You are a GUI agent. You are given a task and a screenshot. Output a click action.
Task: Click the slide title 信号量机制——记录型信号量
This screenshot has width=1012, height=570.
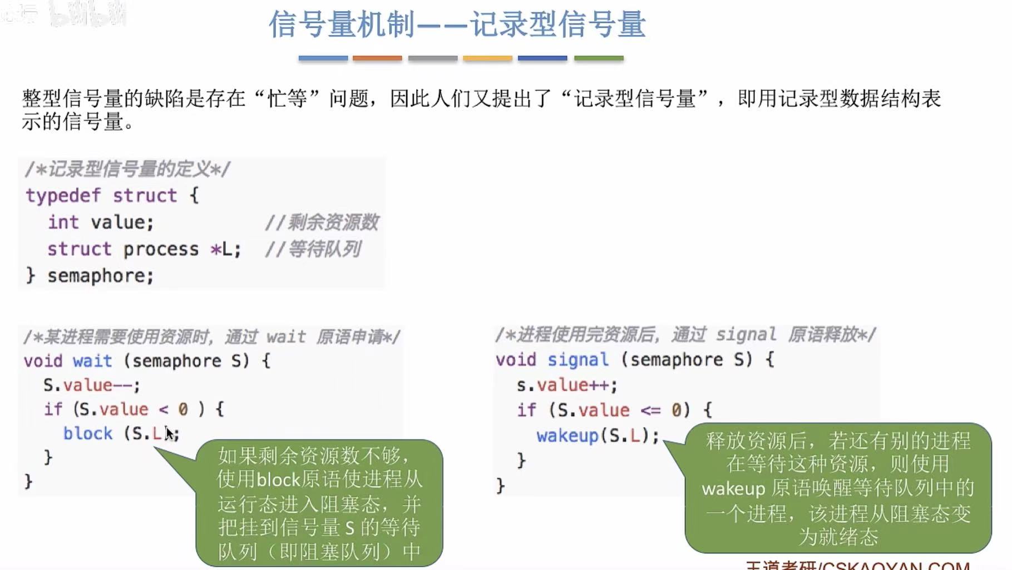pyautogui.click(x=457, y=25)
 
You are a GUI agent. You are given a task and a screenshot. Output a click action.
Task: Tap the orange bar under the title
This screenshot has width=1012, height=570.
pyautogui.click(x=377, y=58)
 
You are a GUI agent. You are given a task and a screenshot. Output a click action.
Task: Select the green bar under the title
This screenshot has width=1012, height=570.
pyautogui.click(x=599, y=58)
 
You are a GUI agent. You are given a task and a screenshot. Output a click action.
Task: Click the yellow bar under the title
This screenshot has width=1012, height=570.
pyautogui.click(x=487, y=58)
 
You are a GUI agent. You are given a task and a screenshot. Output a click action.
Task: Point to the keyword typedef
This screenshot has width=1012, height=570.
pyautogui.click(x=63, y=196)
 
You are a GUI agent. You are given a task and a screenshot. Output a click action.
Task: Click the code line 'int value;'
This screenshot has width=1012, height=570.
pyautogui.click(x=101, y=222)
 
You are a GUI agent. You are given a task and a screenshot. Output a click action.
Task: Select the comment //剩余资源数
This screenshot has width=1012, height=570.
pyautogui.click(x=322, y=222)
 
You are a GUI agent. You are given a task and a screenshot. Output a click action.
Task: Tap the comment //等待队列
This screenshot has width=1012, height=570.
pyautogui.click(x=313, y=249)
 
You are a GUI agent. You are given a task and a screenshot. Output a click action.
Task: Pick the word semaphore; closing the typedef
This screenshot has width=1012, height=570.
pyautogui.click(x=101, y=276)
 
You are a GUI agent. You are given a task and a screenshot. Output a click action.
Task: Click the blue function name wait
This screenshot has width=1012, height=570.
pyautogui.click(x=92, y=361)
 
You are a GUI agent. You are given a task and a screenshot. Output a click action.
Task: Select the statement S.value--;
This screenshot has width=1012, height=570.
pyautogui.click(x=92, y=385)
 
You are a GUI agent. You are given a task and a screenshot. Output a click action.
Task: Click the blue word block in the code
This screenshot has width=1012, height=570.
pyautogui.click(x=88, y=433)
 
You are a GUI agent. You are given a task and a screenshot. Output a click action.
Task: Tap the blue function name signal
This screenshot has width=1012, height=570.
pyautogui.click(x=578, y=360)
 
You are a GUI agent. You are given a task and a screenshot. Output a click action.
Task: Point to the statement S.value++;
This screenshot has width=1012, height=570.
pyautogui.click(x=567, y=385)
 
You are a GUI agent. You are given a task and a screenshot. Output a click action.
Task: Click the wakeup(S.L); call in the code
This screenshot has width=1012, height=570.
pyautogui.click(x=598, y=435)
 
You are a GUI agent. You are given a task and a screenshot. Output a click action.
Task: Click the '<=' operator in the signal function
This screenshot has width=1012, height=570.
pyautogui.click(x=650, y=410)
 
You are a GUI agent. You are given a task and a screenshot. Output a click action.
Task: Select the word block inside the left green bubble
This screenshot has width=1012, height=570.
pyautogui.click(x=278, y=479)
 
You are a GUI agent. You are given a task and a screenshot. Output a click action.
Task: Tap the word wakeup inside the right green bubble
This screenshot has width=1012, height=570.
pyautogui.click(x=734, y=489)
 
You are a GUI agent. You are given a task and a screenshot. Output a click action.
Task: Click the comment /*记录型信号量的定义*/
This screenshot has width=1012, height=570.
pyautogui.click(x=127, y=169)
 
